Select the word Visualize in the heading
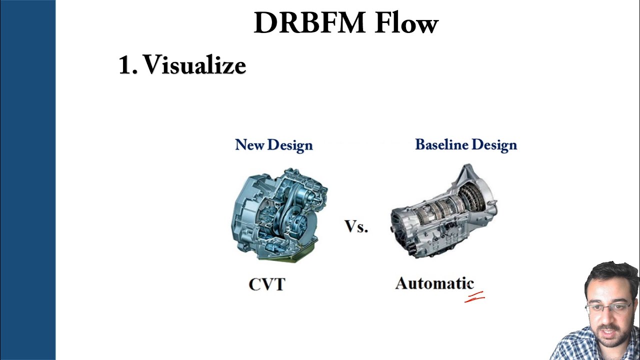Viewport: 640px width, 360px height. tap(194, 65)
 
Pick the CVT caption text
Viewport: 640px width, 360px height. tap(267, 284)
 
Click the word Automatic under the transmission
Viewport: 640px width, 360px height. tap(434, 283)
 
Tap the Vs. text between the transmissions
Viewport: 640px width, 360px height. tap(356, 227)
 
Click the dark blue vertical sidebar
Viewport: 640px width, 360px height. tap(27, 180)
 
